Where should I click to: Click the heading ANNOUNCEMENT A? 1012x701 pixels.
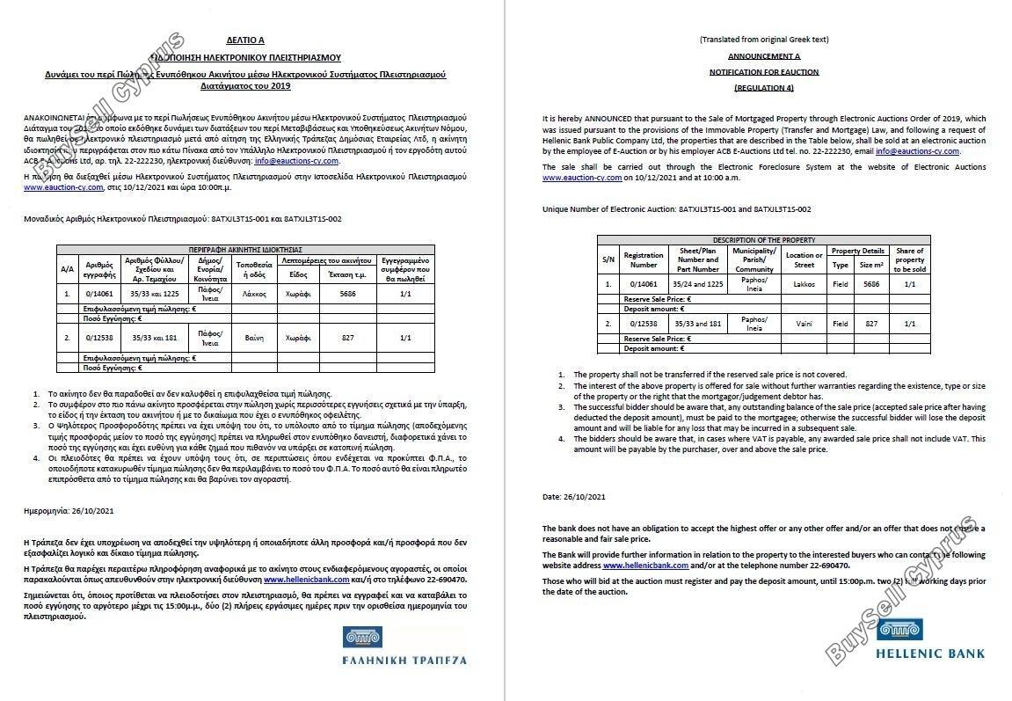[x=764, y=55]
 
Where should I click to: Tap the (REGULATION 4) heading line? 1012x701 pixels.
[x=764, y=88]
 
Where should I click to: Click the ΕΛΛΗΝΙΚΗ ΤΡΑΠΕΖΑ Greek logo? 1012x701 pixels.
[x=404, y=646]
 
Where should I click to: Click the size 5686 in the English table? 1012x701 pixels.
[x=870, y=284]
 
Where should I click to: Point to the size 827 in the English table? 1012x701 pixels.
[x=870, y=324]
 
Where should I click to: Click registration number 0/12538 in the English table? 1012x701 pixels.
[x=644, y=324]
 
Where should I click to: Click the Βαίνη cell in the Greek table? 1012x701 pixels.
[x=254, y=338]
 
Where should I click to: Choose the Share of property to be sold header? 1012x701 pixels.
[x=909, y=259]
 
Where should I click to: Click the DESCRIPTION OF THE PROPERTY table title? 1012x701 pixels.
[x=763, y=240]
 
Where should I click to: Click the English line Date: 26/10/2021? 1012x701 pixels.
[x=574, y=498]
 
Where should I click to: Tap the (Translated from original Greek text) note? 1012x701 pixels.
[x=763, y=40]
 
